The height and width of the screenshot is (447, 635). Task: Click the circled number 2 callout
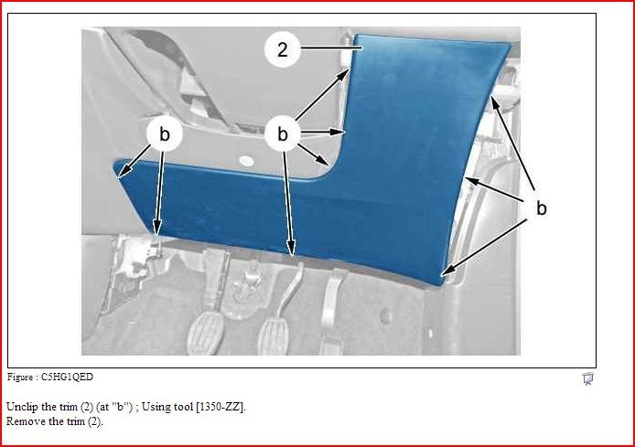[282, 49]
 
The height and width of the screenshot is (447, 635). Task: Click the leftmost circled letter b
[164, 133]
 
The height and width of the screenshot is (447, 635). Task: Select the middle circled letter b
[282, 133]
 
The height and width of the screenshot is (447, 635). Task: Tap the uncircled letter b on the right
[542, 208]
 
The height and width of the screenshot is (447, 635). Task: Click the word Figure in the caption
[20, 377]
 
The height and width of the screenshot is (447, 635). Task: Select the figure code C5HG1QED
[67, 377]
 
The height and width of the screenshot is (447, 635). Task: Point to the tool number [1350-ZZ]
[221, 407]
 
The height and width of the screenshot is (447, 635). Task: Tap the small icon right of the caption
[588, 378]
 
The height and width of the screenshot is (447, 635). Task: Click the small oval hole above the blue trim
[246, 161]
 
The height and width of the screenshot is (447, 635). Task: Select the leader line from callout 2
[331, 48]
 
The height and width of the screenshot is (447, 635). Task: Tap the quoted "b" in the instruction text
[124, 407]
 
